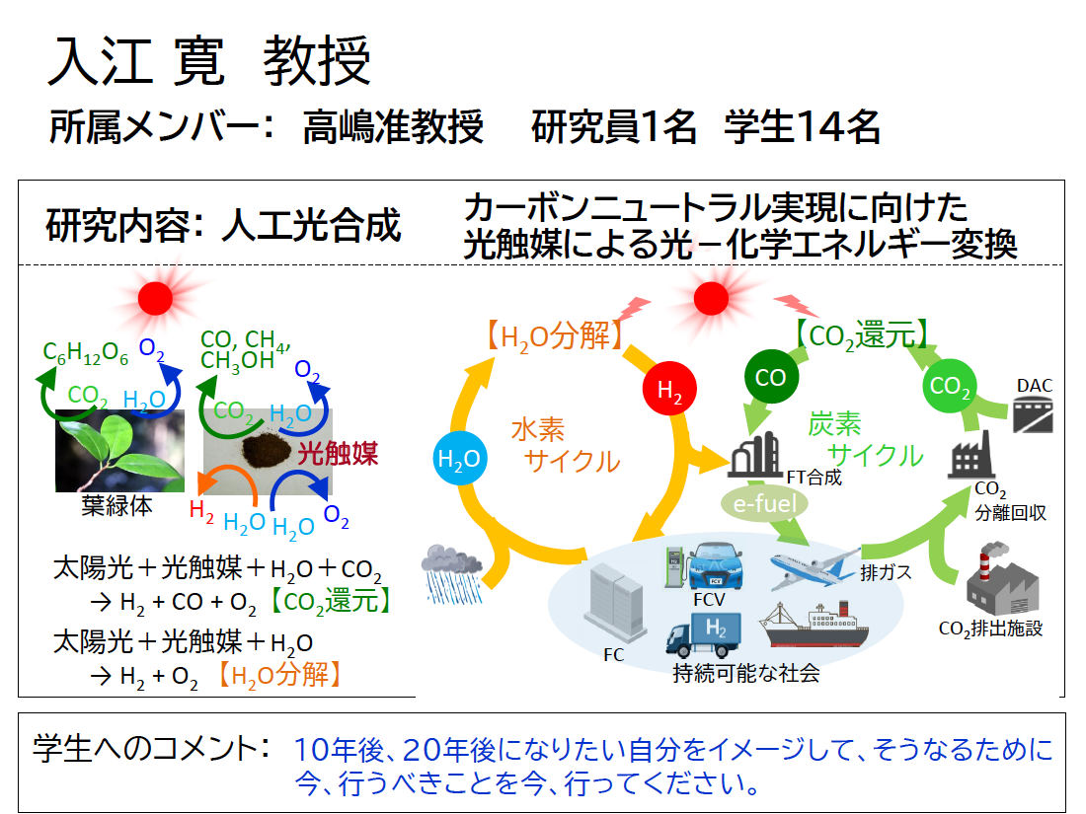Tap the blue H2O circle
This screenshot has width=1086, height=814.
click(459, 459)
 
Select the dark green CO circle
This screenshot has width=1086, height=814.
click(770, 377)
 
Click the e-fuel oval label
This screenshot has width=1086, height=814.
click(765, 502)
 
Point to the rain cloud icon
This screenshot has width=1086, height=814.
click(450, 570)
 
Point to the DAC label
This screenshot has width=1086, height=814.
click(1034, 385)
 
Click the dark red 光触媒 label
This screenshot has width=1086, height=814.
click(338, 454)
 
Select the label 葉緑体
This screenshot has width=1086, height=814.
click(117, 507)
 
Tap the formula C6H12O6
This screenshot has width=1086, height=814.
click(86, 353)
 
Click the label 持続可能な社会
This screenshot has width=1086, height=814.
click(746, 674)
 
